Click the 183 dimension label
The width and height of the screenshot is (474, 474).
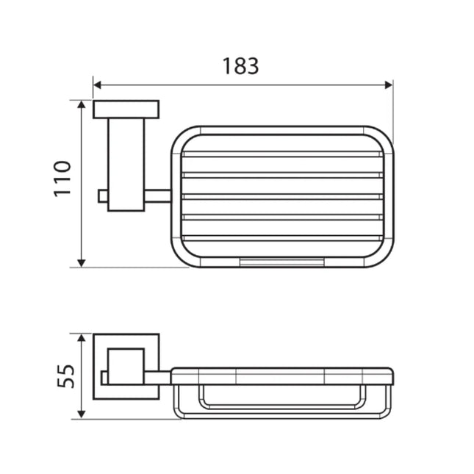pyautogui.click(x=240, y=66)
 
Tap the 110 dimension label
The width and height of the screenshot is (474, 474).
pyautogui.click(x=62, y=179)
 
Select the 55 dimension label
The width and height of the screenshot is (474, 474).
pyautogui.click(x=65, y=377)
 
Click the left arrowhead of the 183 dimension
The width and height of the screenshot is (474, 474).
pyautogui.click(x=97, y=85)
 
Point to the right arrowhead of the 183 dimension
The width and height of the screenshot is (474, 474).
pyautogui.click(x=389, y=85)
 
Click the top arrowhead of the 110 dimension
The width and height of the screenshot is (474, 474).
pyautogui.click(x=82, y=104)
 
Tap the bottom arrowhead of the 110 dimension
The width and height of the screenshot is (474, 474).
pyautogui.click(x=82, y=263)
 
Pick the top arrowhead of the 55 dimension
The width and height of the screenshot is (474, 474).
pyautogui.click(x=82, y=337)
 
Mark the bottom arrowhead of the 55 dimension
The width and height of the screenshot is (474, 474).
pyautogui.click(x=82, y=414)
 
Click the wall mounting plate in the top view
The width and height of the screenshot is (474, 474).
pyautogui.click(x=126, y=109)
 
